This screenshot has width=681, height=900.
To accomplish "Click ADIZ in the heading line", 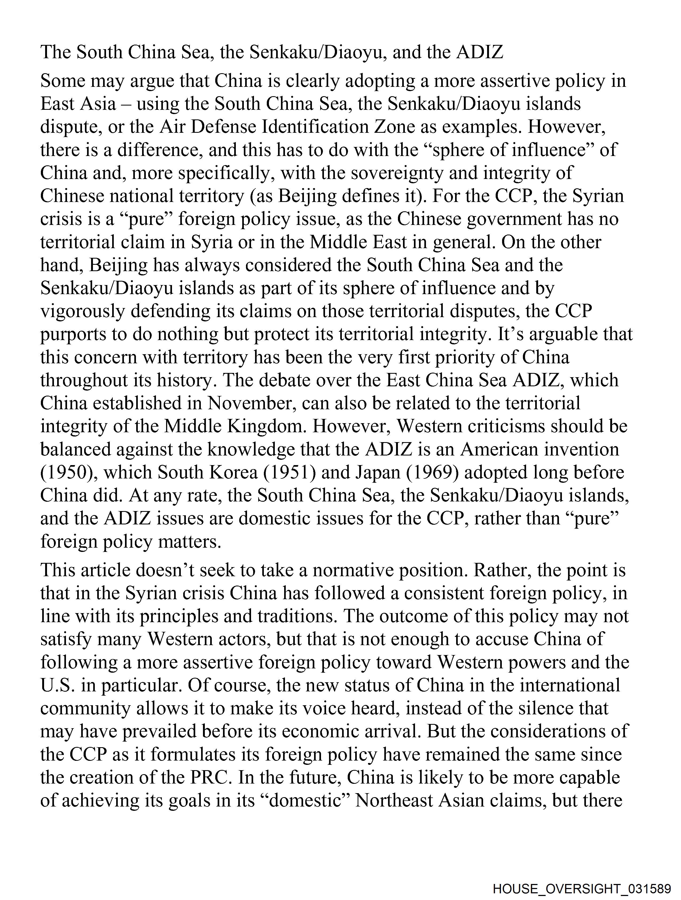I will coord(480,52).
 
